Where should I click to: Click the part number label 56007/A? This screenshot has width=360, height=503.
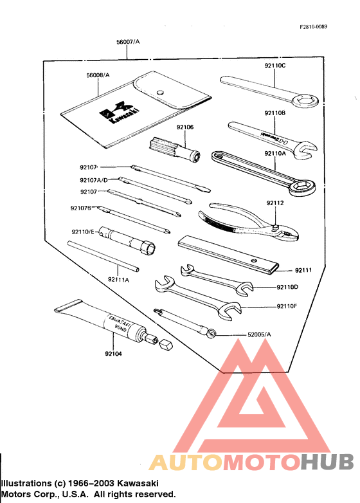coord(127,41)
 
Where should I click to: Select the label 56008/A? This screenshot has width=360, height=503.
coord(98,75)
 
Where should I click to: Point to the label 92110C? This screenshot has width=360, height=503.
coord(274,66)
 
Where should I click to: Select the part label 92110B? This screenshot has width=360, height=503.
coord(274,113)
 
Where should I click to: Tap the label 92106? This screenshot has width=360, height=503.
coord(185,127)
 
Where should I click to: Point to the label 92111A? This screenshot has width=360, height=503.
coord(118,279)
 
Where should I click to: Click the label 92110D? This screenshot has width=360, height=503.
coord(287,287)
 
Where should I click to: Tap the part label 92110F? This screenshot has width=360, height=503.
coord(287,306)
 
